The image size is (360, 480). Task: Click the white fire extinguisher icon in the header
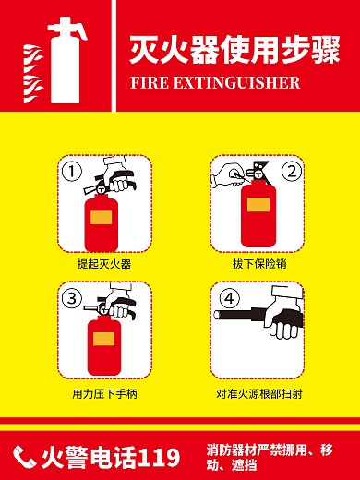(65, 60)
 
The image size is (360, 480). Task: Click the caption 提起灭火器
(104, 265)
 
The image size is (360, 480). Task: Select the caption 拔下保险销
(256, 265)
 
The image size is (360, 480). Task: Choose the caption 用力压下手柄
(104, 393)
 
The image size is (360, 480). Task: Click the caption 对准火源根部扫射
(256, 393)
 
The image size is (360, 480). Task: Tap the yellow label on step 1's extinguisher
(101, 218)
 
